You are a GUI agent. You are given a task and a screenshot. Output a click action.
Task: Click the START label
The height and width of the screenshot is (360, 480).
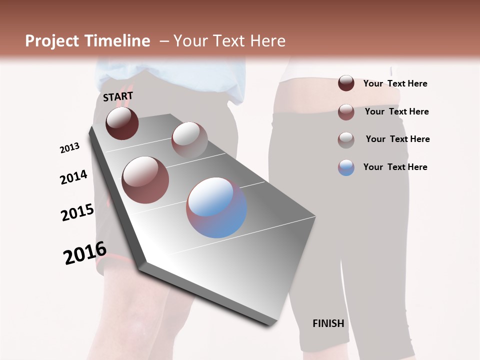coord(118,96)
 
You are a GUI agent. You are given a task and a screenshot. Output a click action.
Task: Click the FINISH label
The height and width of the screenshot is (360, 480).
coord(328,323)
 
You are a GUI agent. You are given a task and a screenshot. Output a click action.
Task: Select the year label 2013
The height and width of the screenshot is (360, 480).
coord(69,148)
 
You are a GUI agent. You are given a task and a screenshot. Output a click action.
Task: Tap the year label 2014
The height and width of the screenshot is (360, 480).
coord(73,177)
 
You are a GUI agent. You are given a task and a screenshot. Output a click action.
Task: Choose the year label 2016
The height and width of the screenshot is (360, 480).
coord(85,253)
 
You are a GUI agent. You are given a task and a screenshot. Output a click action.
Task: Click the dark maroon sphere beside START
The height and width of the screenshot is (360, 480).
coord(122,123)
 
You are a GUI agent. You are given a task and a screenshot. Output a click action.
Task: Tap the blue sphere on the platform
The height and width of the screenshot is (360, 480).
coord(216,207)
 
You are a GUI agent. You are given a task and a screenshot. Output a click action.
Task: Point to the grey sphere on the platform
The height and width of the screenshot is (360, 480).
coord(189,139)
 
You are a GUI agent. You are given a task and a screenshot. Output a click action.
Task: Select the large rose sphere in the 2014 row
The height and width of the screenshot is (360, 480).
coord(145,179)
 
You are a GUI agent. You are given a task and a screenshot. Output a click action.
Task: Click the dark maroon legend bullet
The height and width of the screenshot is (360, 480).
coord(346,83)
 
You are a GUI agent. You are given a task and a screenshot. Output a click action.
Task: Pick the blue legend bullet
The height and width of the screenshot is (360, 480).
coord(346,167)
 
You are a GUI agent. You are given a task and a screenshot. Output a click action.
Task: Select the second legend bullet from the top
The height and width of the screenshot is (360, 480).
coord(346,112)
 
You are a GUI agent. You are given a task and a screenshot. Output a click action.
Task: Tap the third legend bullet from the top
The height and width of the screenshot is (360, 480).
coord(346,139)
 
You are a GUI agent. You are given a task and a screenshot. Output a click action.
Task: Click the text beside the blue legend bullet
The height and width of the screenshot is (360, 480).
coord(395,167)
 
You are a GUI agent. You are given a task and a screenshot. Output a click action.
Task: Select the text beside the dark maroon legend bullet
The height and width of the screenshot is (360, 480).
coord(395,83)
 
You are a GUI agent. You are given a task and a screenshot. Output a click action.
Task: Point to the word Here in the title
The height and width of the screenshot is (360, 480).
coord(267,41)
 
